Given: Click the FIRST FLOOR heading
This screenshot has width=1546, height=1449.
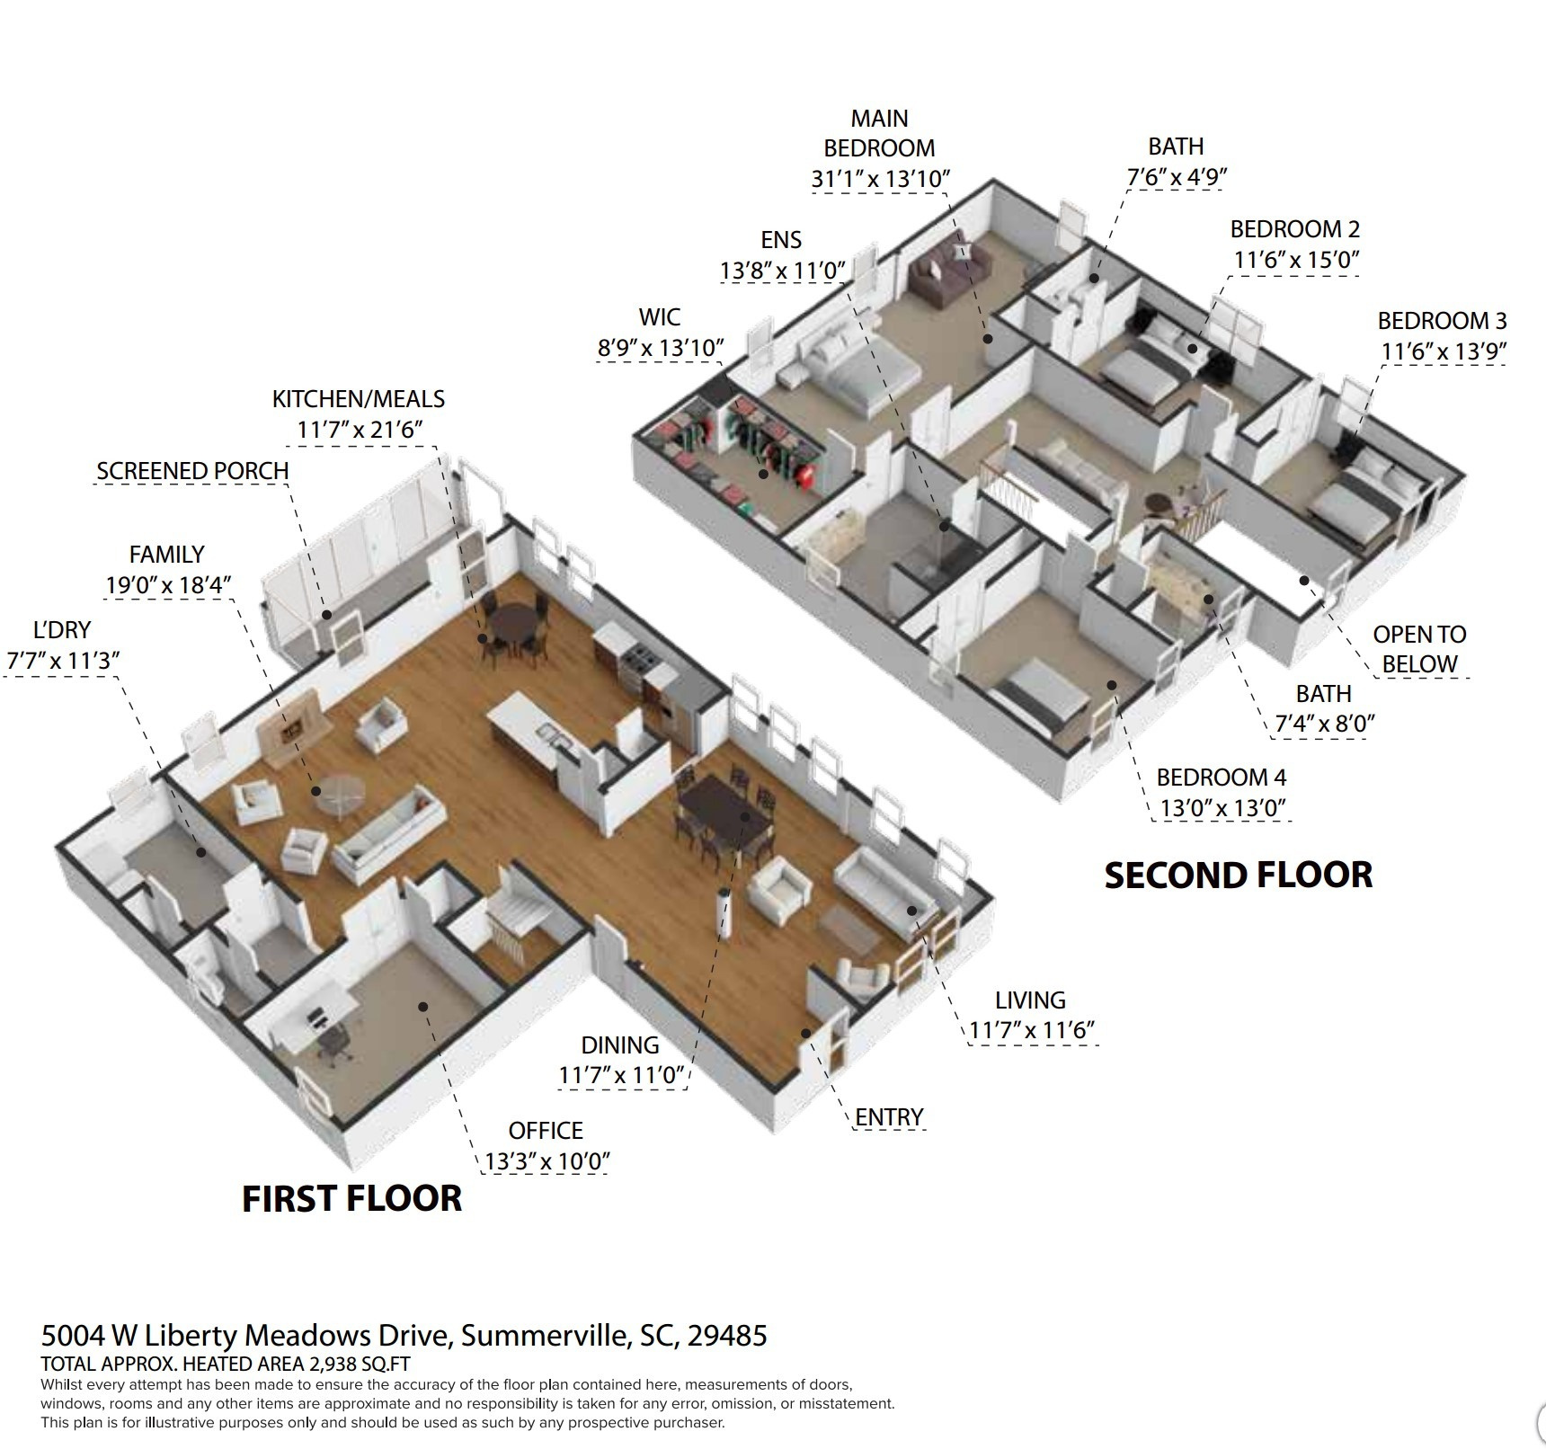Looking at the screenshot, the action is click(351, 1198).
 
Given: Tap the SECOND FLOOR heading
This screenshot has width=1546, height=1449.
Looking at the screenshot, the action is click(1238, 876).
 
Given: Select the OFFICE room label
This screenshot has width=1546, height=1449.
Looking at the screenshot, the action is click(545, 1130).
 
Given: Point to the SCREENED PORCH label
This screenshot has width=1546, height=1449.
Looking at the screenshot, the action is click(192, 471).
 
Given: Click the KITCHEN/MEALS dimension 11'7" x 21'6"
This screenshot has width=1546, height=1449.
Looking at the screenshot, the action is click(360, 430).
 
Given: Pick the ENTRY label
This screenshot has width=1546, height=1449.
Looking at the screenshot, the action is click(889, 1116).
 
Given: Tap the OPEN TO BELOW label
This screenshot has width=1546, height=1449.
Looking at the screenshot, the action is click(1419, 649).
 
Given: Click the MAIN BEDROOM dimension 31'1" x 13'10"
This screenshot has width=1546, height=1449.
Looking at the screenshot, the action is click(880, 179).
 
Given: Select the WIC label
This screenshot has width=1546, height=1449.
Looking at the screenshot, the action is click(660, 317).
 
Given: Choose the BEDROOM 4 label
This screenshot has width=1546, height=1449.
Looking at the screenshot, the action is click(1221, 777).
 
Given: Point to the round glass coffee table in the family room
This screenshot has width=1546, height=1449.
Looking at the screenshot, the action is click(340, 793).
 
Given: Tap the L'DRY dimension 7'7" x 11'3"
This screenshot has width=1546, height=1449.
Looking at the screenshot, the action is click(63, 661).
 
